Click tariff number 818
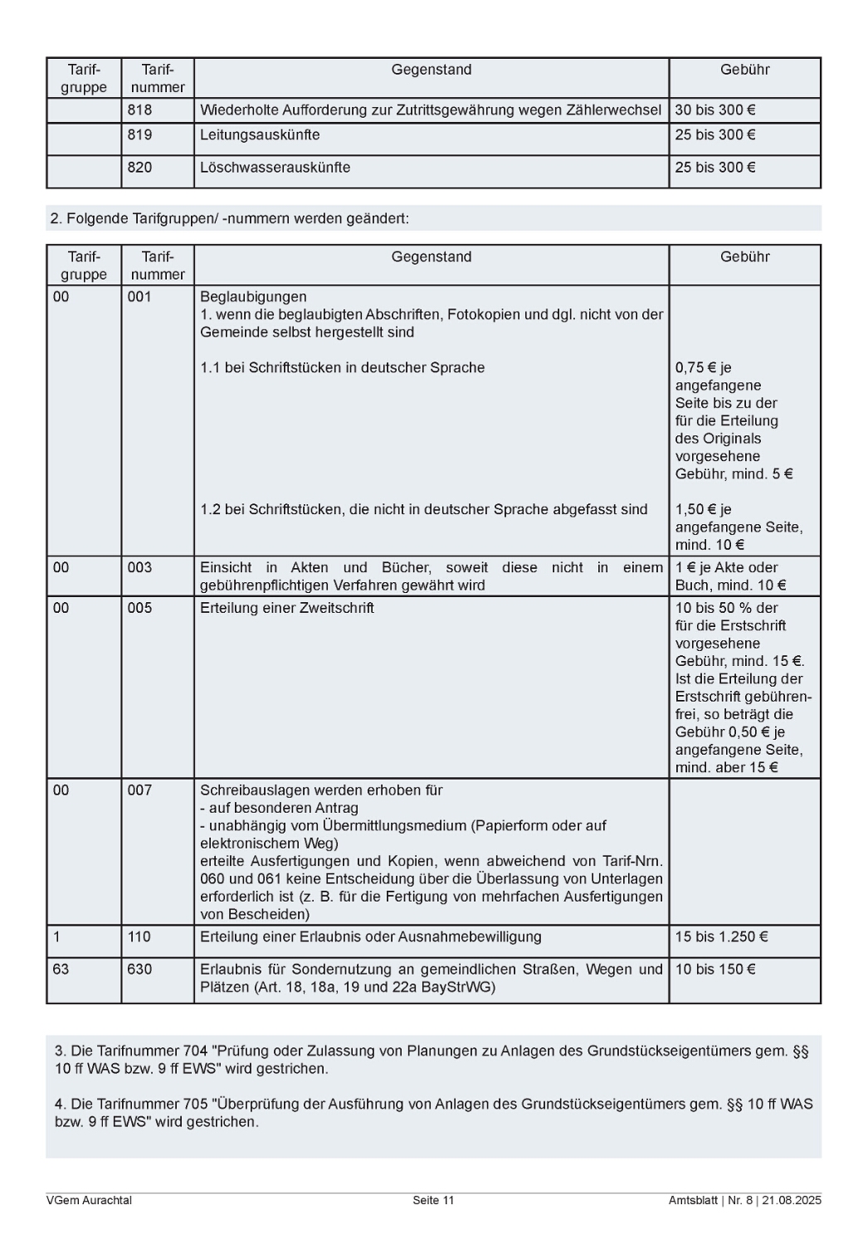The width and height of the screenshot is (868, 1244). [x=139, y=110]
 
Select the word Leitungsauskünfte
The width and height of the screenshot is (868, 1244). [x=260, y=135]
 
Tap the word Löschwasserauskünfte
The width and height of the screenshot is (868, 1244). [x=275, y=168]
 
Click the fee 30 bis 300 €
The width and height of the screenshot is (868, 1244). [x=714, y=110]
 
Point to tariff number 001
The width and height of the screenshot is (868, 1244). [x=139, y=297]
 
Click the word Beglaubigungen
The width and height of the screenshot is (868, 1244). [x=253, y=297]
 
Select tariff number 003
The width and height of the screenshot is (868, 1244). [x=139, y=568]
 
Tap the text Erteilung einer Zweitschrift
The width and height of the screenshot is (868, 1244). [x=286, y=608]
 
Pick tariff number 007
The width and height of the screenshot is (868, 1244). [x=139, y=790]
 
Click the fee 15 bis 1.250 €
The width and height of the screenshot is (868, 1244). [x=721, y=937]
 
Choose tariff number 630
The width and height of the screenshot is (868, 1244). [x=139, y=969]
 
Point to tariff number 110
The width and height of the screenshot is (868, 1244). [x=139, y=937]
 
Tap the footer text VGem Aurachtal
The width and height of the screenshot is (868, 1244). [x=89, y=1201]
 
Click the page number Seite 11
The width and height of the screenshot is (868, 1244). [x=433, y=1201]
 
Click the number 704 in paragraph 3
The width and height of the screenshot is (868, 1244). [x=195, y=1052]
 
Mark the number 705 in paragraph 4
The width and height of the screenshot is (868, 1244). [x=195, y=1105]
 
